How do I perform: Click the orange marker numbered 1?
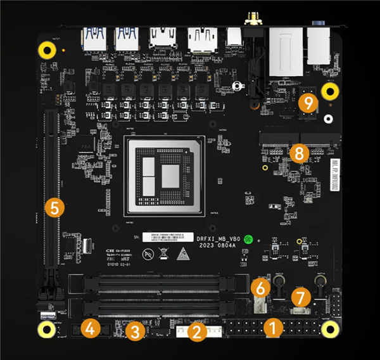pos(273,328)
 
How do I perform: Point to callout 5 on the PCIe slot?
pos(55,207)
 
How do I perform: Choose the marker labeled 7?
pos(301,296)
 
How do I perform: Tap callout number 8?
pos(298,153)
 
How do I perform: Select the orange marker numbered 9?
pos(308,103)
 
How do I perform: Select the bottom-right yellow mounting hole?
pos(329,328)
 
